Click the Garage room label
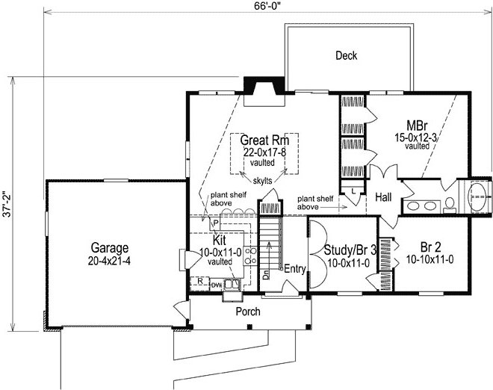click(109, 248)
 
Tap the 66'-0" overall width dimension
click(267, 7)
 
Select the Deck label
click(346, 56)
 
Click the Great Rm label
click(264, 140)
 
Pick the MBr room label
click(417, 126)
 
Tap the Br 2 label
click(430, 247)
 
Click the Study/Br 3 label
click(350, 250)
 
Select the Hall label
click(383, 197)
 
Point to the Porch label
click(248, 312)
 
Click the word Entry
click(294, 269)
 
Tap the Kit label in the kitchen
click(219, 241)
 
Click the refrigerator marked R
click(200, 281)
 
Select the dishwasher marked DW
click(217, 285)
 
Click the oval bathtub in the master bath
click(477, 196)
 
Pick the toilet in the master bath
click(450, 205)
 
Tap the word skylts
click(262, 181)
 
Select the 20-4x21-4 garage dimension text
click(109, 261)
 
